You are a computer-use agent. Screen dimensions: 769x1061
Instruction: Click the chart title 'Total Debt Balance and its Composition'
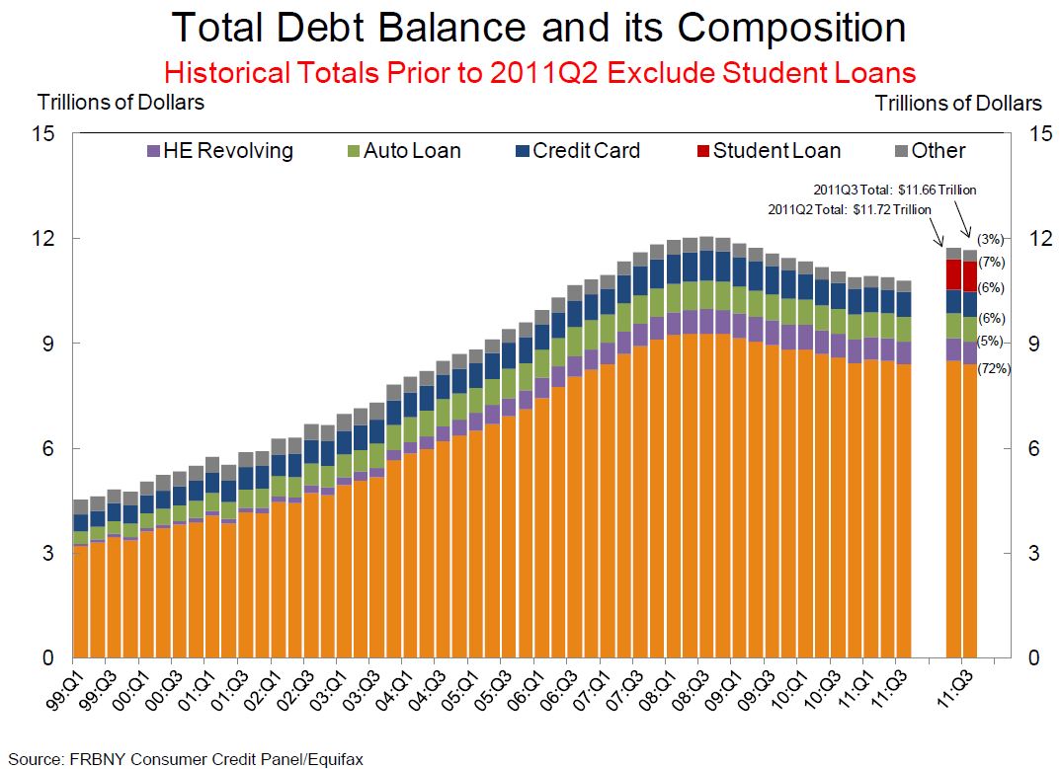pyautogui.click(x=538, y=28)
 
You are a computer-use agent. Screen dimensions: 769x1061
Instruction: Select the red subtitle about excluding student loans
pyautogui.click(x=539, y=73)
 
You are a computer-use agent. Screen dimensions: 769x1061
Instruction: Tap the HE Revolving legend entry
pyautogui.click(x=219, y=151)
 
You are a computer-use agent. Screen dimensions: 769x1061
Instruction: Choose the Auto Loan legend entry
pyautogui.click(x=402, y=151)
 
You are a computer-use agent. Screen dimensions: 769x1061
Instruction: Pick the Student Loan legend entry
pyautogui.click(x=768, y=151)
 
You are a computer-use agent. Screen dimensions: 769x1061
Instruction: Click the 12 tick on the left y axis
pyautogui.click(x=48, y=239)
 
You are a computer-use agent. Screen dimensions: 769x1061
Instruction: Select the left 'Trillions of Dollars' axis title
pyautogui.click(x=121, y=102)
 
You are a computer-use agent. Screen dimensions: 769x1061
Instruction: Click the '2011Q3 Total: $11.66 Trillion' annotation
pyautogui.click(x=894, y=191)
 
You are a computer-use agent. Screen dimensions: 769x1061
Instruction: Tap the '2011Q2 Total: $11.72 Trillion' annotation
pyautogui.click(x=849, y=209)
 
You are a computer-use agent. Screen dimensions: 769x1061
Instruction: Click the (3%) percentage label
pyautogui.click(x=990, y=239)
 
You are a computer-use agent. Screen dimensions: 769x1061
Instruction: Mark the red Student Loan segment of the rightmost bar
pyautogui.click(x=969, y=276)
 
